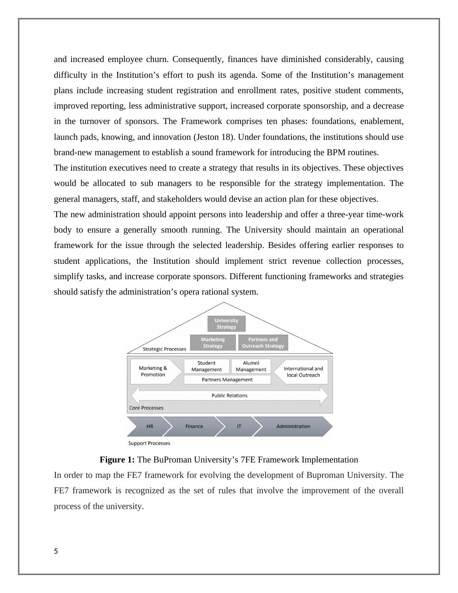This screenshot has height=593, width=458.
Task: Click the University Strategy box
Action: (x=226, y=324)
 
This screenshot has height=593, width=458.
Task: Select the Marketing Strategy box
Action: (x=213, y=343)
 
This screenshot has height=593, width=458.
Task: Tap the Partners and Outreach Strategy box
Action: (x=263, y=343)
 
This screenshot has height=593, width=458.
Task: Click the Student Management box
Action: (x=207, y=366)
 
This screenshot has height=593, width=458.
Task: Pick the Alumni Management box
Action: (x=251, y=366)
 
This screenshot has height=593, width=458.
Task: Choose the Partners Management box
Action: (x=227, y=380)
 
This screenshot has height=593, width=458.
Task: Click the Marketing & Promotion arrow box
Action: (x=153, y=372)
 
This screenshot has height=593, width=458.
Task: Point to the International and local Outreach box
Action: (x=303, y=372)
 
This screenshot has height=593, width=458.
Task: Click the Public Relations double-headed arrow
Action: (x=229, y=395)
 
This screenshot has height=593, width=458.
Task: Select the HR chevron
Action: (x=150, y=426)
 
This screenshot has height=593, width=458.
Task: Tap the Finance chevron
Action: (x=194, y=426)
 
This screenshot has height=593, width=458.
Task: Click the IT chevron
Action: (x=239, y=426)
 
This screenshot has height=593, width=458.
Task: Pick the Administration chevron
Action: (x=293, y=426)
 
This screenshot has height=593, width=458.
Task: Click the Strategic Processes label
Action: (x=164, y=349)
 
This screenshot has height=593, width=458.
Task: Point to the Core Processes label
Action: (x=146, y=408)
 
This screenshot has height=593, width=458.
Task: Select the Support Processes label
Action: (x=149, y=443)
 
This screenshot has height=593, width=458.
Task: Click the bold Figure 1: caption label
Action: (x=117, y=460)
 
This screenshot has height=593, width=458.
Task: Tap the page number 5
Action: (x=56, y=551)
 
